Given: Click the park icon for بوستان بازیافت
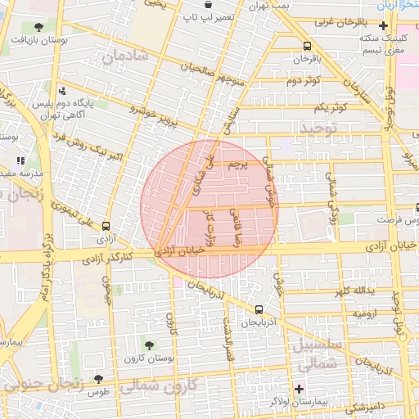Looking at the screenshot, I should [x=38, y=27].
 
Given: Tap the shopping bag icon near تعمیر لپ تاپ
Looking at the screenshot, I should [x=209, y=4].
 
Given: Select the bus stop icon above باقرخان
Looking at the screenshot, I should [x=307, y=47].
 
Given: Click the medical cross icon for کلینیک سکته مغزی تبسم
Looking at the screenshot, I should [x=384, y=26].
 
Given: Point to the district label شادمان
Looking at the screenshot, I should [x=125, y=56].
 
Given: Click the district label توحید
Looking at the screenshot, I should [x=317, y=128].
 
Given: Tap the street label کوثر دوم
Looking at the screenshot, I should [x=302, y=81].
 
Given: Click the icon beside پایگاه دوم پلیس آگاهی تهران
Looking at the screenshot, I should [x=63, y=91].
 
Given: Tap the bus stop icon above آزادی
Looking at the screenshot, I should [x=106, y=226].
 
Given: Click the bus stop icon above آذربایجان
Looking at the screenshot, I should [x=259, y=309].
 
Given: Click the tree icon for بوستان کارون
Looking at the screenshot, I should [x=148, y=345].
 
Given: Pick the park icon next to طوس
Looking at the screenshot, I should [x=99, y=379].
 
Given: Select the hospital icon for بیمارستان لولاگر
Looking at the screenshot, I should [x=300, y=388].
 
